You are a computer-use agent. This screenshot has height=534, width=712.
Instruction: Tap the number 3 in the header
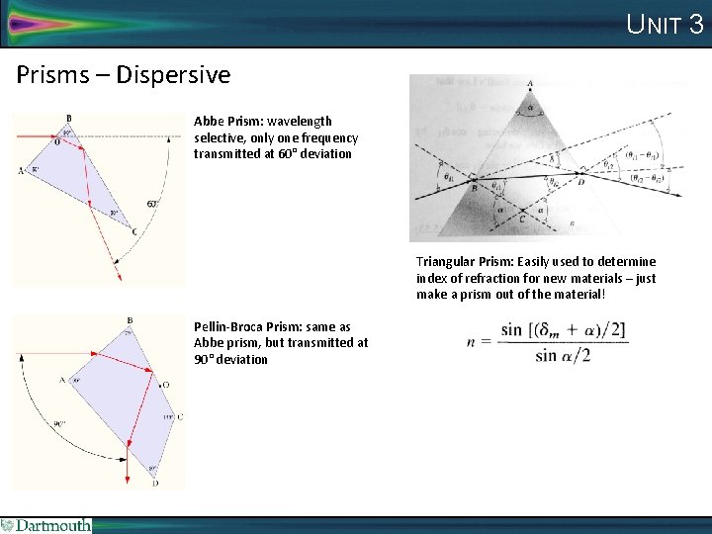tap(695, 24)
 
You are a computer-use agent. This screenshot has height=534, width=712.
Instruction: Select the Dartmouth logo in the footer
tap(46, 525)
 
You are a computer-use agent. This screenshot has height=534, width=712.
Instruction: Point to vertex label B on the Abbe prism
tap(67, 120)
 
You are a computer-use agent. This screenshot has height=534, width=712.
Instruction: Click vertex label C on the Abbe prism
tap(134, 232)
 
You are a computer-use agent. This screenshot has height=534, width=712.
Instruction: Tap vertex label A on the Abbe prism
tap(21, 170)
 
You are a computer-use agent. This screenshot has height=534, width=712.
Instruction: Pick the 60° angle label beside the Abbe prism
tap(152, 204)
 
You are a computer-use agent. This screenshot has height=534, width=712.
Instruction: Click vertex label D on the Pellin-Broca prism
tap(155, 483)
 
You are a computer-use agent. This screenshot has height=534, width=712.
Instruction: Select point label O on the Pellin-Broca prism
tap(165, 384)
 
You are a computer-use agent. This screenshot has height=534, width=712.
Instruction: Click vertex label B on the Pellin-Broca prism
tap(130, 320)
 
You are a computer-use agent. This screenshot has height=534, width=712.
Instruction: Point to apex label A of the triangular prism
tap(530, 84)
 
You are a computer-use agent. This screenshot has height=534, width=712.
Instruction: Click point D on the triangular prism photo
tap(580, 183)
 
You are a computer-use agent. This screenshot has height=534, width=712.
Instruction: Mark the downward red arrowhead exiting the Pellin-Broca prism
tap(129, 480)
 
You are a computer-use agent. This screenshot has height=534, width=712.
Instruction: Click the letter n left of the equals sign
tap(474, 341)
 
